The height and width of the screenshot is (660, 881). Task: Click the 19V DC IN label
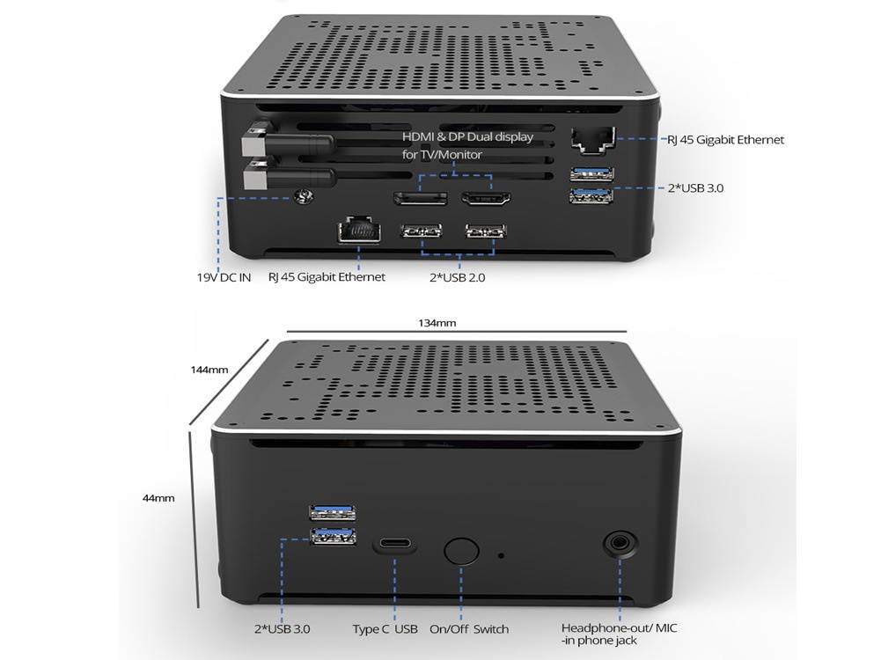[x=224, y=277]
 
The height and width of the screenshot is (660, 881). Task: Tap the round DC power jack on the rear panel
[x=304, y=196]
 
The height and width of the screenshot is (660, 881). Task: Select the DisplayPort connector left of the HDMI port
[x=421, y=198]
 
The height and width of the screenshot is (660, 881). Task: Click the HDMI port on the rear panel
[x=486, y=198]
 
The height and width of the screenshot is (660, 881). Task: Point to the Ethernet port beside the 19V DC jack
[x=358, y=231]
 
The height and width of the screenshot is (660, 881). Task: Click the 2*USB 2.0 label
[x=458, y=277]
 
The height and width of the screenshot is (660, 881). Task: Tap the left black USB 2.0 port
[x=421, y=231]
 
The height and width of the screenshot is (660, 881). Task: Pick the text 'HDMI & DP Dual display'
[x=467, y=136]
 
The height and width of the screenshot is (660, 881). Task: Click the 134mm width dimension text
[x=437, y=323]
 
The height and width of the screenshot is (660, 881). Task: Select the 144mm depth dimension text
[x=209, y=370]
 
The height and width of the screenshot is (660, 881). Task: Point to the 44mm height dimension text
[x=158, y=498]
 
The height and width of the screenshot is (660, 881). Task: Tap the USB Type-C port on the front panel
[x=394, y=545]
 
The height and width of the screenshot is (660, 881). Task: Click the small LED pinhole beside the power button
[x=501, y=555]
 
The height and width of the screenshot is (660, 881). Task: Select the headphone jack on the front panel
[x=620, y=543]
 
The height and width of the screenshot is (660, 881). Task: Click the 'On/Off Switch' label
[x=469, y=629]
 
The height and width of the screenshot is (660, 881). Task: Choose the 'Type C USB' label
[x=385, y=629]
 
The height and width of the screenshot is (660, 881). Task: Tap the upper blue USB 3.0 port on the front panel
[x=333, y=511]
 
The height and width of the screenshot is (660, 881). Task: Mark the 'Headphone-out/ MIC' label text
[x=620, y=628]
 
